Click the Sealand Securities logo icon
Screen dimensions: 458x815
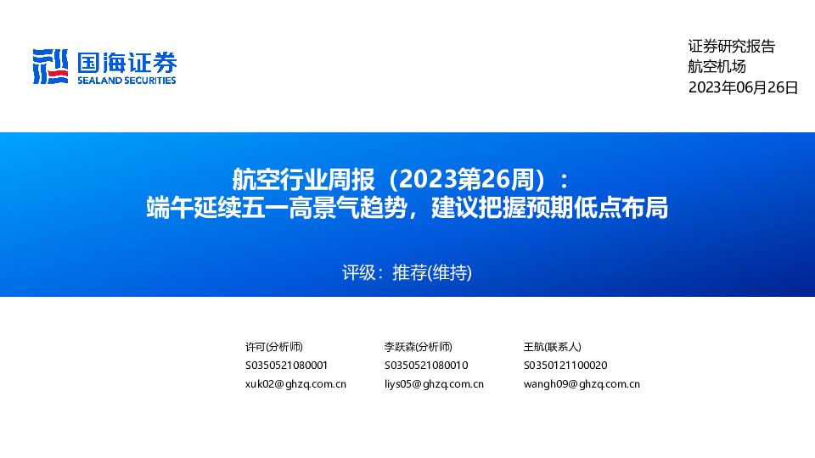50,67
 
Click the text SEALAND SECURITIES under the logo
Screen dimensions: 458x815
126,81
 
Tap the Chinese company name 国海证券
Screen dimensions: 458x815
126,62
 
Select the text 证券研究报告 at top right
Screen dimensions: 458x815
731,47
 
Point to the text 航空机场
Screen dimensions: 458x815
717,67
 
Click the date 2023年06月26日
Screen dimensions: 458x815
743,87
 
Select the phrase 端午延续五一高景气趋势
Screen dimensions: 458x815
273,208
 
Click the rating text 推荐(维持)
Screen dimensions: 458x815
432,273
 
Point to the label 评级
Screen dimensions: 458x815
358,273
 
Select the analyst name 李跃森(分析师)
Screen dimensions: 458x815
418,347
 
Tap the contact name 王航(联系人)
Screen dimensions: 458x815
553,347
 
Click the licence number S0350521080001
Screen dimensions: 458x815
286,366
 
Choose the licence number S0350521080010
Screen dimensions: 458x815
426,366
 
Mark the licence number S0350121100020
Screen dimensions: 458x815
565,366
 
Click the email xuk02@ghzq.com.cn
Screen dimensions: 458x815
295,384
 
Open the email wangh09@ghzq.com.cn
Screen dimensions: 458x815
582,384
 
